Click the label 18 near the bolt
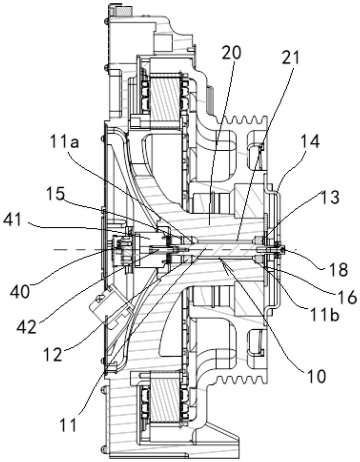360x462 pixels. pos(338,269)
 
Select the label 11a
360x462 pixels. pos(64,142)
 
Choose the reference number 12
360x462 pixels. pos(52,354)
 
